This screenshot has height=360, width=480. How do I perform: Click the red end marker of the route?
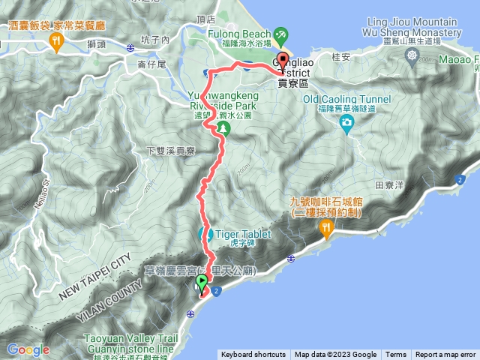283,61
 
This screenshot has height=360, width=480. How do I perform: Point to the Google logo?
28,349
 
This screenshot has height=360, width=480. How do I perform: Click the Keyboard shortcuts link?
253,355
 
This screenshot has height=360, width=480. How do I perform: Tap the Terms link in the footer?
396,355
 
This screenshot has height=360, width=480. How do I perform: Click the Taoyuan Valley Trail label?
143,339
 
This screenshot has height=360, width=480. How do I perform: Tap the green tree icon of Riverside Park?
222,128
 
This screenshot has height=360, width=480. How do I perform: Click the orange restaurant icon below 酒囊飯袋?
56,43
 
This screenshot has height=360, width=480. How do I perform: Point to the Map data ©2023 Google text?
336,355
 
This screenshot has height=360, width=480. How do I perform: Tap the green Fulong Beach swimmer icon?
280,33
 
